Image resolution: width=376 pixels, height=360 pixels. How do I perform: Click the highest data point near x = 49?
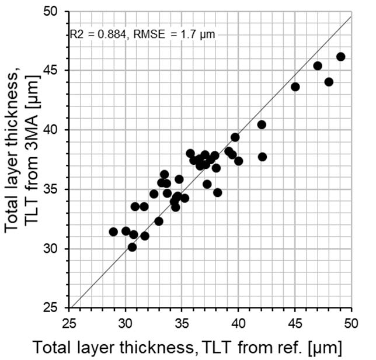click(x=341, y=57)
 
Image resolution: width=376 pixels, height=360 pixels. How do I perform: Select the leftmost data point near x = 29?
click(x=113, y=232)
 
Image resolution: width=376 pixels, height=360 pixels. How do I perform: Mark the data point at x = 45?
click(x=295, y=87)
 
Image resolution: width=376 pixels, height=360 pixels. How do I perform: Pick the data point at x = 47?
click(x=318, y=66)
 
